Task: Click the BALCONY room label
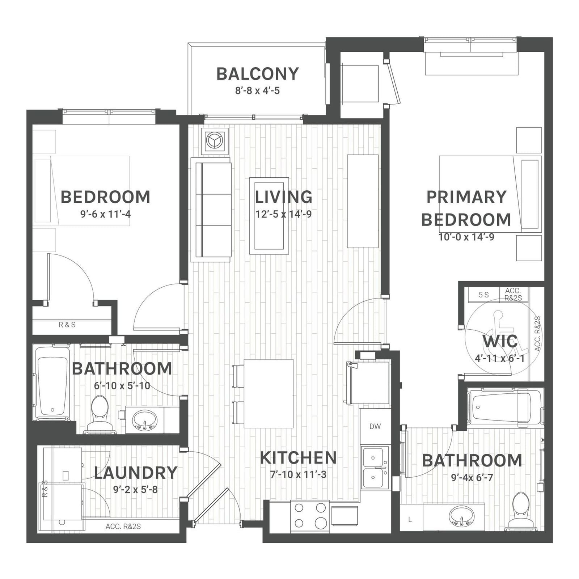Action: [258, 74]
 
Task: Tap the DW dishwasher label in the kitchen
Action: [375, 426]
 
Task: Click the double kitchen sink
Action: [375, 468]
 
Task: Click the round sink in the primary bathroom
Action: [461, 515]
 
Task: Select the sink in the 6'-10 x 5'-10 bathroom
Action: [145, 420]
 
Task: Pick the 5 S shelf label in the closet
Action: [483, 295]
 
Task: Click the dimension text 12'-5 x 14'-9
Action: [283, 214]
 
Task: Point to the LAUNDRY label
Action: [136, 473]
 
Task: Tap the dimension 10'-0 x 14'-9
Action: [466, 237]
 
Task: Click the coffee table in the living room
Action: [269, 216]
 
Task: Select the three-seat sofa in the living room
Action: [211, 210]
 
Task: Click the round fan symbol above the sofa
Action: [215, 140]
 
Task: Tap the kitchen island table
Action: [269, 393]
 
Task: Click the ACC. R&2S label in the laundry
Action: [123, 527]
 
